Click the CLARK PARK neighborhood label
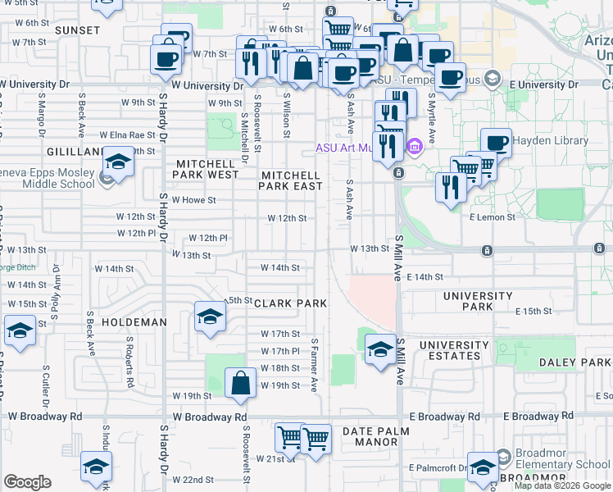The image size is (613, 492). pyautogui.click(x=291, y=303)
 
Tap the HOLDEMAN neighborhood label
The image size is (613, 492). pyautogui.click(x=134, y=322)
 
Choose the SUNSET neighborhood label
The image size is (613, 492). pyautogui.click(x=77, y=30)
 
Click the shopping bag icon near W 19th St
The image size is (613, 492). pyautogui.click(x=239, y=384)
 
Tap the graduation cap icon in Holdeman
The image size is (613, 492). pyautogui.click(x=209, y=317)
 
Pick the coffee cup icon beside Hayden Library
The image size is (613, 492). pyautogui.click(x=496, y=143)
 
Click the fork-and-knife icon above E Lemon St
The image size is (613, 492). pyautogui.click(x=450, y=187)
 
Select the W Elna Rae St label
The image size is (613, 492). pyautogui.click(x=127, y=134)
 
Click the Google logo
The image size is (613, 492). pyautogui.click(x=27, y=482)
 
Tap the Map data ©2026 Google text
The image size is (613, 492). pyautogui.click(x=562, y=485)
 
